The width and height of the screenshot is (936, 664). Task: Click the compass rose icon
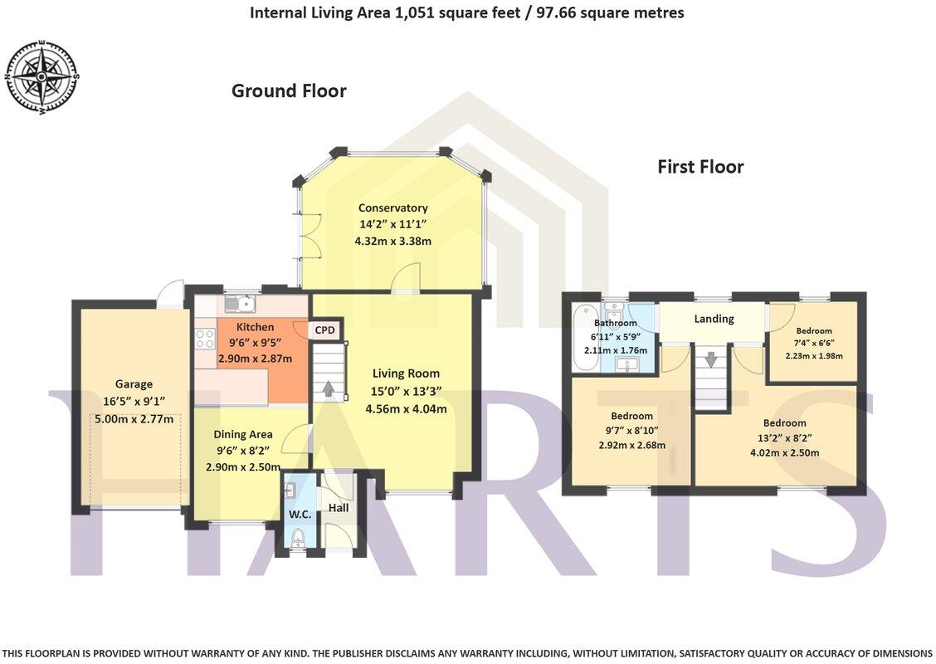[42, 76]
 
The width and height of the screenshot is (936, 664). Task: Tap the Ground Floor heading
[288, 90]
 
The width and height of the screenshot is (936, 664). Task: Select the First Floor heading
[700, 167]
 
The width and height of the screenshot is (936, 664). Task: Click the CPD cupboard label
[324, 330]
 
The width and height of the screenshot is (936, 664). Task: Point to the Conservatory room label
[392, 207]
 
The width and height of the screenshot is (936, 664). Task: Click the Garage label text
[134, 384]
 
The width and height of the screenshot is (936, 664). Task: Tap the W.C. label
[300, 515]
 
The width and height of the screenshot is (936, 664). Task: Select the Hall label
[339, 507]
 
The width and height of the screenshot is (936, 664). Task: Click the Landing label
[714, 319]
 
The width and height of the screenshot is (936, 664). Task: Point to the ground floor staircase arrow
[329, 388]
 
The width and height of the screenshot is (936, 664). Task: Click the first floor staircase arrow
[711, 361]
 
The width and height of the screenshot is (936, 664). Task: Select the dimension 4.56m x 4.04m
[406, 408]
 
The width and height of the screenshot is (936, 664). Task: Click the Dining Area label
[243, 434]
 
